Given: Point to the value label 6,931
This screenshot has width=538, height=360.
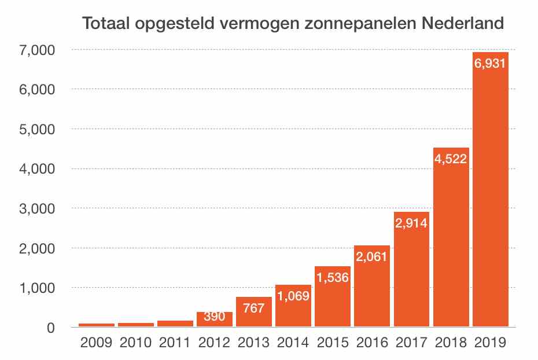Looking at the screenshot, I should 491,64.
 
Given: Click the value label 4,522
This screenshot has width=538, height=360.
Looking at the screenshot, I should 451,159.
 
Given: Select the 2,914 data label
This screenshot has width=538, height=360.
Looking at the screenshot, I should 411,222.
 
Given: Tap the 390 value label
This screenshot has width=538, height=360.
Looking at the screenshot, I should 215,317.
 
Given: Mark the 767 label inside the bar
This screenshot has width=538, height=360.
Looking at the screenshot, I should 254,307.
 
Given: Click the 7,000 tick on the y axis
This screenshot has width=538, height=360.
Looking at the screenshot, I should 36,50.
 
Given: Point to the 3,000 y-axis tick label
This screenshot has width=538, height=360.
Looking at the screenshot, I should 36,208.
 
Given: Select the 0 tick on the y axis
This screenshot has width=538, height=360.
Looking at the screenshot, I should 50,328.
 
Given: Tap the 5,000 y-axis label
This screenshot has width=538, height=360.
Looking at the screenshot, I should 36,129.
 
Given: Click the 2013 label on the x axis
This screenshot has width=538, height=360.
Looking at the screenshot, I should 254,343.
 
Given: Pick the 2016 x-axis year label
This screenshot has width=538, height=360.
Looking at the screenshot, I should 372,343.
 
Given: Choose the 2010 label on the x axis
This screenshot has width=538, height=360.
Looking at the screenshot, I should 136,343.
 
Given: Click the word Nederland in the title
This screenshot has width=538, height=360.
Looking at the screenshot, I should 462,25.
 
